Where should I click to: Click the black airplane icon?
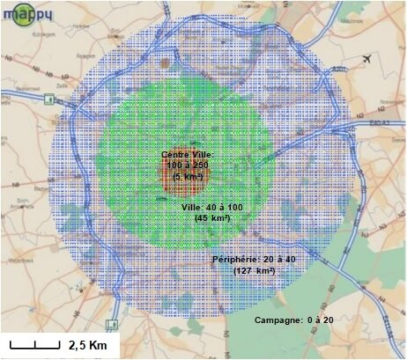pos(366,59)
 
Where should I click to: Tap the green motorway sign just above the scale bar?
pos(109,312)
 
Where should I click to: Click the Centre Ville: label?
pos(187,155)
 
